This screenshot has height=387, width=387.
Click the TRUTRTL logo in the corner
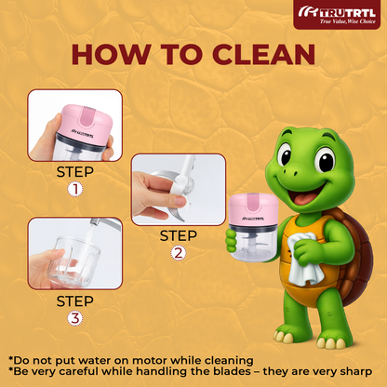[337, 14]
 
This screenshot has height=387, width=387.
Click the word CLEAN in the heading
[264, 55]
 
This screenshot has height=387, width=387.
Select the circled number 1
[75, 190]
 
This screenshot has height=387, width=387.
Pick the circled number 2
[179, 253]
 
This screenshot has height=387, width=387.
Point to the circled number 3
[75, 319]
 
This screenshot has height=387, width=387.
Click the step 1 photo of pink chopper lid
[75, 126]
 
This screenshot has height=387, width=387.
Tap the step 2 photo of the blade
[179, 190]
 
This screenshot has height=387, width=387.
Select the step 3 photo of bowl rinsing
[75, 253]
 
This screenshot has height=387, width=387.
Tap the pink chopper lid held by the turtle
[253, 210]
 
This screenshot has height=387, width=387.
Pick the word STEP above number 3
[75, 301]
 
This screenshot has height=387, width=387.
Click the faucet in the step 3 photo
[105, 224]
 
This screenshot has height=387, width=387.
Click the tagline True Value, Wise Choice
[348, 21]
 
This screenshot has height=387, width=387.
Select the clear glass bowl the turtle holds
[253, 245]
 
